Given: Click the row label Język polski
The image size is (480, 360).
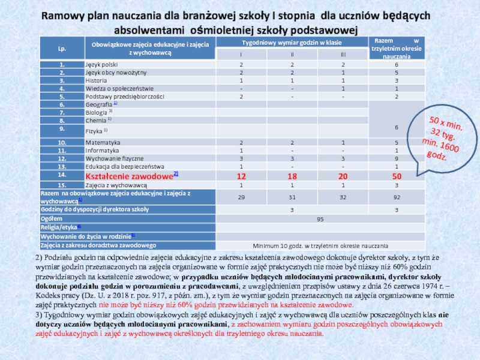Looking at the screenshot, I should [x=101, y=64].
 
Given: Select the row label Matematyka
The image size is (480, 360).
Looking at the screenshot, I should [x=103, y=142].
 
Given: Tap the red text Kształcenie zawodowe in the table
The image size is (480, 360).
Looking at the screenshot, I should [x=129, y=175].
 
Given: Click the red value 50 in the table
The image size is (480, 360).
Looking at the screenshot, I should [x=397, y=176].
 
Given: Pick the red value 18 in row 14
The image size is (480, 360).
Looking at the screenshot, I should [x=292, y=176].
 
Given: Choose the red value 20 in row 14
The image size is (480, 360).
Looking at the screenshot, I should [x=343, y=176].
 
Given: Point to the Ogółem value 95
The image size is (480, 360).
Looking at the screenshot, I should [x=320, y=220].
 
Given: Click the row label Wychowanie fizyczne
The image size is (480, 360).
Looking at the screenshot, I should [x=114, y=158].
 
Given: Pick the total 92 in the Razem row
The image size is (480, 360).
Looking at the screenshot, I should [x=397, y=197].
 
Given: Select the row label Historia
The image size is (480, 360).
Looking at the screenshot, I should [x=97, y=80].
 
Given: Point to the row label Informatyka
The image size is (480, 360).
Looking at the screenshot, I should [x=102, y=150].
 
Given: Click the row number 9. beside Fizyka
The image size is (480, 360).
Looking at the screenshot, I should [x=62, y=128].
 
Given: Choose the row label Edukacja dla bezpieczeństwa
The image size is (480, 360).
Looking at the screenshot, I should [x=124, y=166].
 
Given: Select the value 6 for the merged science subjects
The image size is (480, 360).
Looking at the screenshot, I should [x=397, y=127].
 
